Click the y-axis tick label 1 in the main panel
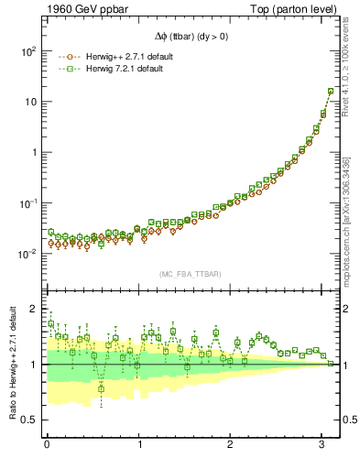click(33, 152)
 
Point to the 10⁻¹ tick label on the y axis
click(27, 203)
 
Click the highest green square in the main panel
click(332, 92)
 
